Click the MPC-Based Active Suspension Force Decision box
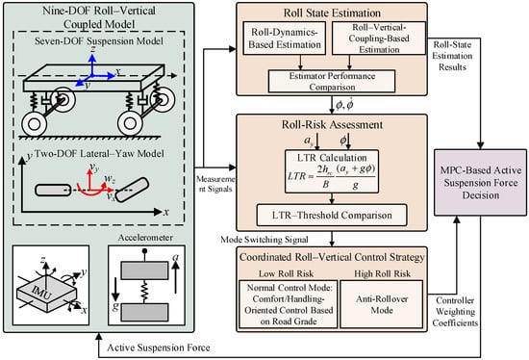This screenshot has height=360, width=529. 480,182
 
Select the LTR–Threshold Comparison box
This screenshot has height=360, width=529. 332,215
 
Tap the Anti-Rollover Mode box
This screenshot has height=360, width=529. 381,304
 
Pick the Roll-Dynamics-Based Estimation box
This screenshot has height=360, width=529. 285,39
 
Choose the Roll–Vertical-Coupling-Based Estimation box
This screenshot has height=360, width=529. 379,39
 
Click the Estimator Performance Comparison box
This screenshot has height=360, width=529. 332,81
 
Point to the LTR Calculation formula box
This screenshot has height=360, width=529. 332,171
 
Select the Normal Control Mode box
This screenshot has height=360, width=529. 289,304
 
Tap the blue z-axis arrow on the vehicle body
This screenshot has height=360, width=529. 92,64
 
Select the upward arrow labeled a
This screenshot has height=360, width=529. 175,277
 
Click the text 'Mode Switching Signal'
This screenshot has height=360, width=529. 264,240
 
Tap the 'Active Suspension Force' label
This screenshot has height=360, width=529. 159,347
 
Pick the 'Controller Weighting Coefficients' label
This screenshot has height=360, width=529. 455,312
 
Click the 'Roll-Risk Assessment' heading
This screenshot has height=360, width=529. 332,124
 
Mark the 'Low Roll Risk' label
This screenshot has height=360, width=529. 286,273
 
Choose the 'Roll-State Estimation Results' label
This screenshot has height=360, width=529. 452,56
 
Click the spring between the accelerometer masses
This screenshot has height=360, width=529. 144,292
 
